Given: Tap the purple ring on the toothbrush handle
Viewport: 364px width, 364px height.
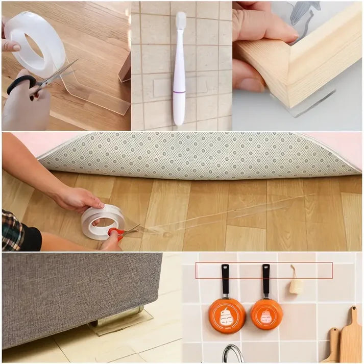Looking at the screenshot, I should [x=179, y=92].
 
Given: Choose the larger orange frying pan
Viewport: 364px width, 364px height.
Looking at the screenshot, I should [x=227, y=315].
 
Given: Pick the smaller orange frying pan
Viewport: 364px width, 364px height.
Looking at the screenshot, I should [x=266, y=313].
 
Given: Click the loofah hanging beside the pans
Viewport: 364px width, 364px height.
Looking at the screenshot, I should [x=296, y=285].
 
